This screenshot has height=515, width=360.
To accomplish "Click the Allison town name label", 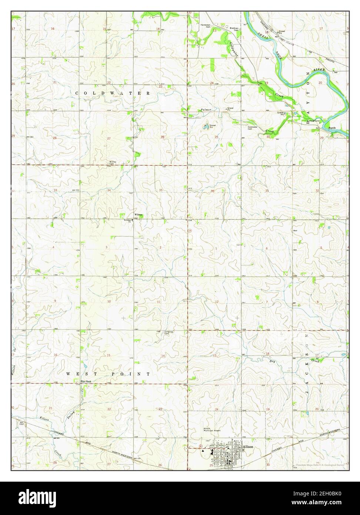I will click(x=248, y=447).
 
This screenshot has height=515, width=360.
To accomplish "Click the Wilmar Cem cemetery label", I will click(x=113, y=163).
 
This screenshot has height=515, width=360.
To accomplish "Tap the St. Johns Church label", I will click(x=128, y=221).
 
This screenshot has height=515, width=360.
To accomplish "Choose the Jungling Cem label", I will click(x=169, y=333).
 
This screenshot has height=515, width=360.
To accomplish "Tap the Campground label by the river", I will click(x=312, y=121).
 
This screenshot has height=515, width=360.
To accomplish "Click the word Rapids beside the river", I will click(x=332, y=128).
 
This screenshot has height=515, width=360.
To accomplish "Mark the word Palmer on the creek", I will click(x=206, y=110).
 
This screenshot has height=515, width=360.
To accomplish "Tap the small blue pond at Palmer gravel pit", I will click(x=206, y=127).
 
